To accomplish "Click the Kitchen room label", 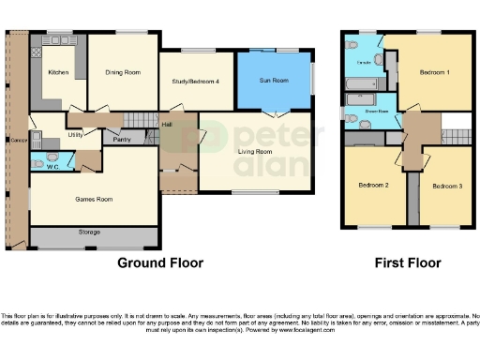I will click(x=57, y=71).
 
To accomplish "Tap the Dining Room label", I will click(x=122, y=71).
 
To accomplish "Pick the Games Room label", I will click(x=94, y=199).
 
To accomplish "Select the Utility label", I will click(x=78, y=135).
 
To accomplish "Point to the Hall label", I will click(x=167, y=125).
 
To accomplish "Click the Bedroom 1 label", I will click(x=433, y=72).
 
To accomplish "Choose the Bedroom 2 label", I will click(x=372, y=185).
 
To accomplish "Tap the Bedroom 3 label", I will click(x=446, y=187).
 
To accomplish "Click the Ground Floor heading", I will click(x=159, y=263).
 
